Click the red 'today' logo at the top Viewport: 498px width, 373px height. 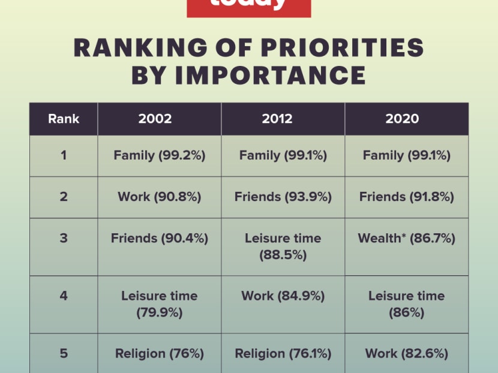click(x=248, y=6)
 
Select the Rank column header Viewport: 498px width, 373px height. click(x=64, y=119)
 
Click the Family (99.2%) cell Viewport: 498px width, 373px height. click(x=160, y=155)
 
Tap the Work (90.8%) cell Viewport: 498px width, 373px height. click(x=160, y=197)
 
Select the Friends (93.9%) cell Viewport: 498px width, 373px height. click(x=283, y=197)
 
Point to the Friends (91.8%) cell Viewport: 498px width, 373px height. click(x=407, y=197)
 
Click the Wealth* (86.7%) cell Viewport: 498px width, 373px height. click(x=407, y=238)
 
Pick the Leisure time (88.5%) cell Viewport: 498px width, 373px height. click(x=283, y=246)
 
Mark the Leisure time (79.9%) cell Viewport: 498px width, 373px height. click(x=160, y=304)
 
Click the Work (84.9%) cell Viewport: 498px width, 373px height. click(x=283, y=296)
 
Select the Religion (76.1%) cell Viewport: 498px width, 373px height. click(x=283, y=353)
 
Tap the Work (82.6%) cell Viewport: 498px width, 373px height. click(x=407, y=353)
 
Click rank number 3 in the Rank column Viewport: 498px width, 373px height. click(x=64, y=238)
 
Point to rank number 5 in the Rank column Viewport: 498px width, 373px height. click(x=64, y=353)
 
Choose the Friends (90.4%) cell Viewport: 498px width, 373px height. click(x=160, y=238)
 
